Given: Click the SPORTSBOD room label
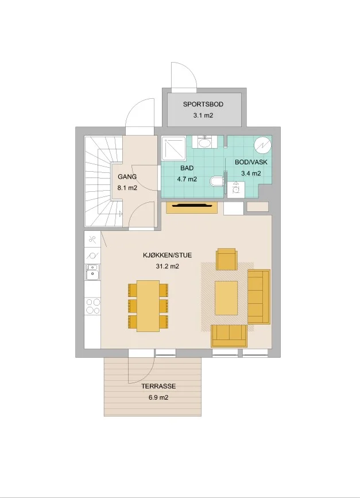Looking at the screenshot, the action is click(x=203, y=104).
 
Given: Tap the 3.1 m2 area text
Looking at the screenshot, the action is click(x=203, y=115).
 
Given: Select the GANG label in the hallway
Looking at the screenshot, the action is click(x=127, y=176).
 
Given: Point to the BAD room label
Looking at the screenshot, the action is click(x=187, y=168).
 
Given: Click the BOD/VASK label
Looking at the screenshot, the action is click(x=251, y=162).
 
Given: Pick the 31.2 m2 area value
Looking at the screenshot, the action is click(x=167, y=267).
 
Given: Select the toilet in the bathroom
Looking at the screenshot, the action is click(x=217, y=182).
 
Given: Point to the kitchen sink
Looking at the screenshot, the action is click(x=92, y=273).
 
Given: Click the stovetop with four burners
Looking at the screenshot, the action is click(x=92, y=306).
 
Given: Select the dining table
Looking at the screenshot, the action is click(x=148, y=306).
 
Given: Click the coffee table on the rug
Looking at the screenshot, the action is click(x=226, y=298).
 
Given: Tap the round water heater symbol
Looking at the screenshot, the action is click(x=263, y=145).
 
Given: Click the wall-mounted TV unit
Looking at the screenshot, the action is click(x=192, y=207).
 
